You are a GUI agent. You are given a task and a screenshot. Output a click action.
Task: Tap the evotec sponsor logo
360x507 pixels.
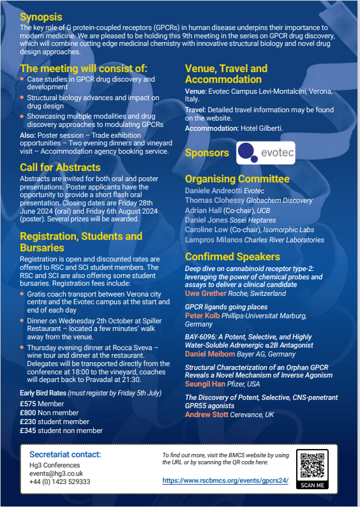(265, 153)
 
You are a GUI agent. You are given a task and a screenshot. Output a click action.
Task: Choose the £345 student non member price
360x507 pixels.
(61, 430)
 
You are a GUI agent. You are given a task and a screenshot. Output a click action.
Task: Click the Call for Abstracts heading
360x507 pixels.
(61, 167)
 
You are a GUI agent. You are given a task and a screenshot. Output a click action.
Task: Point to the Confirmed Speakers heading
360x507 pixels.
(232, 256)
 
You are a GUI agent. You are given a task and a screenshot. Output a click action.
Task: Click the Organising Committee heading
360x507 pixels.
(237, 179)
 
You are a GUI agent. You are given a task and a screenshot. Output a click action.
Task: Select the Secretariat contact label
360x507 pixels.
(65, 454)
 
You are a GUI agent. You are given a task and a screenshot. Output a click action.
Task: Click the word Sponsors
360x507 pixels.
(206, 153)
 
